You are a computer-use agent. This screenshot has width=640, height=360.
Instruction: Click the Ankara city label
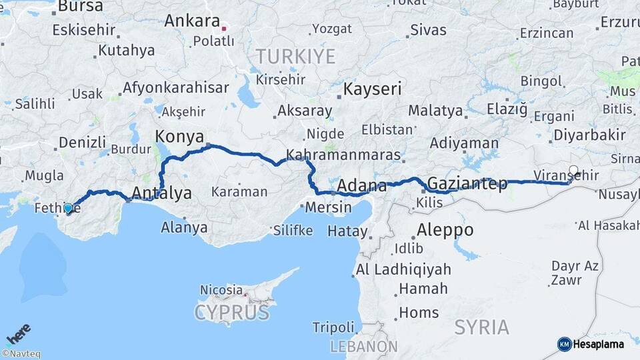[192, 21]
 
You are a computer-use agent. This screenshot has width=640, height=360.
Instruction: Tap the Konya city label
[179, 137]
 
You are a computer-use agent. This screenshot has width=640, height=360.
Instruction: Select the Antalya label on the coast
[162, 193]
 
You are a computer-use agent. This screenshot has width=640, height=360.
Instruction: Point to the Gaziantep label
[467, 183]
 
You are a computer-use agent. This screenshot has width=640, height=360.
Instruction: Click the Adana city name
[362, 185]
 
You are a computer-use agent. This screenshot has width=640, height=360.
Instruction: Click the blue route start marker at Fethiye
[68, 208]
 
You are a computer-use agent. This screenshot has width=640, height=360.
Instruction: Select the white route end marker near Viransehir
[573, 171]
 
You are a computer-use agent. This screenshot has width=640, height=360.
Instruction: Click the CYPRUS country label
[231, 312]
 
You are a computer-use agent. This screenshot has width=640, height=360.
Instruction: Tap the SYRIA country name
[481, 327]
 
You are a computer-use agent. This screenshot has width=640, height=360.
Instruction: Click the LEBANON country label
[364, 347]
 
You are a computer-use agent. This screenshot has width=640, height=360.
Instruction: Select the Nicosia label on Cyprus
[221, 290]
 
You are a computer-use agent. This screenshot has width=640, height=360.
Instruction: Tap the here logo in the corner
[18, 332]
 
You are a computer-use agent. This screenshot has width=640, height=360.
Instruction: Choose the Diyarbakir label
[589, 135]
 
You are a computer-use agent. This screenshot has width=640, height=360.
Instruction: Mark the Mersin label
[328, 207]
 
